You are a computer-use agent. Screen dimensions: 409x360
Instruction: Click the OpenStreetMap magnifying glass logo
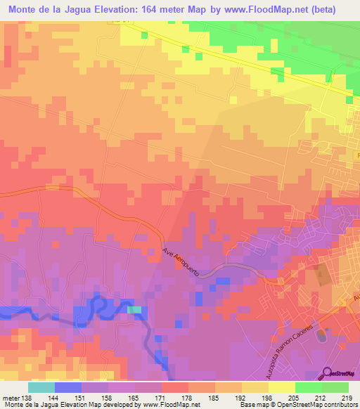[328, 372]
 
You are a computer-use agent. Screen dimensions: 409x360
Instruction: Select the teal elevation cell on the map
[134, 309]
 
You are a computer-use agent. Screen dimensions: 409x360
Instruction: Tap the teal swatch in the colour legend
[41, 387]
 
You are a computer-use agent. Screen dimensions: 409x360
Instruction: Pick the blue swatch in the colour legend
[67, 387]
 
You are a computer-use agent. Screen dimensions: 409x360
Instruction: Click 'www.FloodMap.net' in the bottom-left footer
[170, 405]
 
